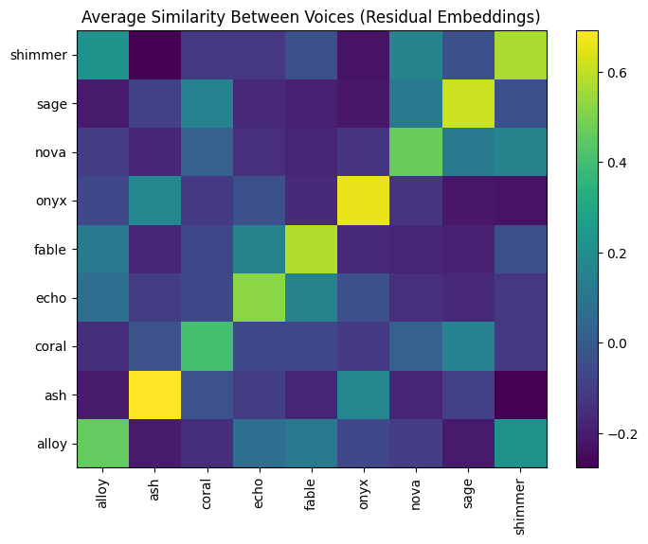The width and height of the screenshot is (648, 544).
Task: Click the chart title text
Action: point(311,16)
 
